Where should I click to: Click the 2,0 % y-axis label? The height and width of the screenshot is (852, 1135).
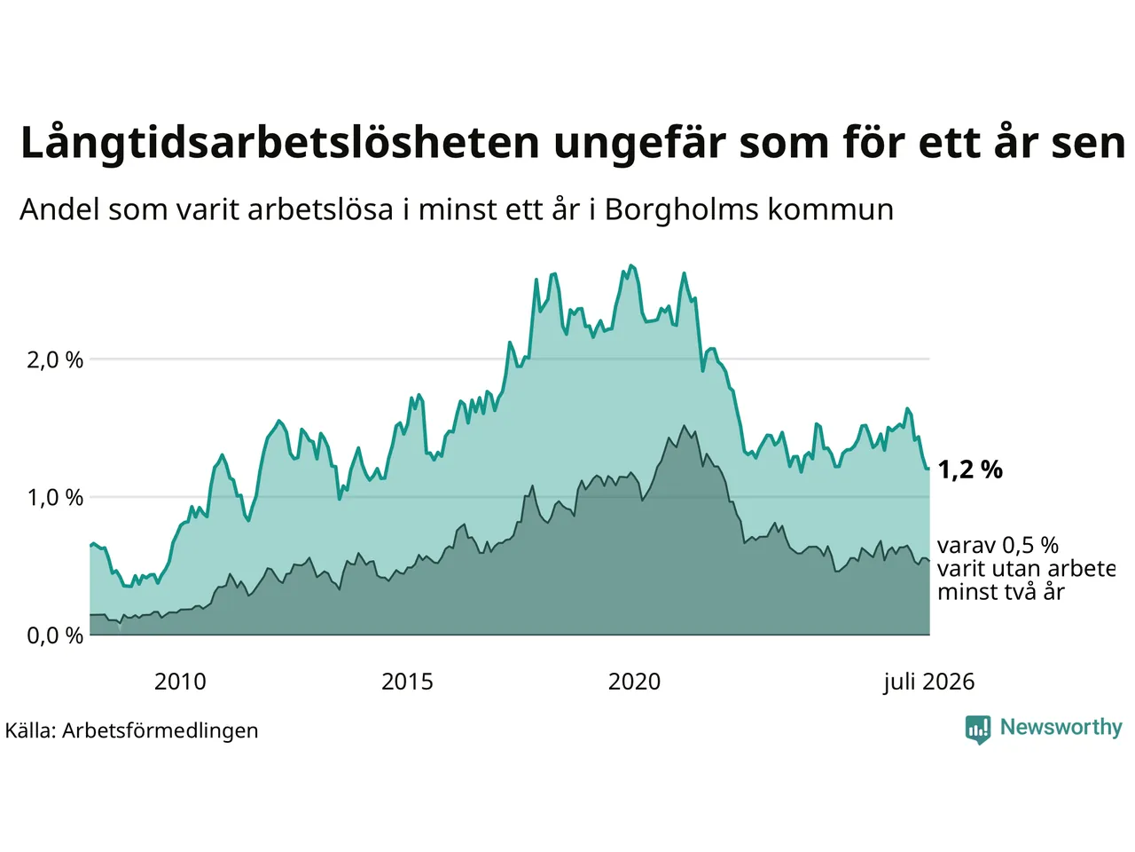click(x=55, y=360)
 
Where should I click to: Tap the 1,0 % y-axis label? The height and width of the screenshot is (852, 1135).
click(x=55, y=498)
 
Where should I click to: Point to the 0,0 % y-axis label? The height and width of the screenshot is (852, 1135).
click(x=55, y=635)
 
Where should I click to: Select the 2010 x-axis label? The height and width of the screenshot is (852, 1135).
click(x=180, y=682)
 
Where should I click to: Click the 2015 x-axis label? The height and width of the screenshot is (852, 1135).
click(x=407, y=682)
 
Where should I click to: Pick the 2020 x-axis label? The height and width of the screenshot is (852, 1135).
click(x=634, y=682)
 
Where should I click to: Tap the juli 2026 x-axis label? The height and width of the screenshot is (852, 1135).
click(x=928, y=682)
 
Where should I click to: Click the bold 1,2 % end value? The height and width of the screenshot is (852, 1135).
click(x=969, y=469)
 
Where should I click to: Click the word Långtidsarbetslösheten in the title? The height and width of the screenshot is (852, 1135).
click(x=279, y=143)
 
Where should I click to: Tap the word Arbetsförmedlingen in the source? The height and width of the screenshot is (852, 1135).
click(x=160, y=731)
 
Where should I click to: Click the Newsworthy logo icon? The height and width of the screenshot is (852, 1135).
click(x=978, y=730)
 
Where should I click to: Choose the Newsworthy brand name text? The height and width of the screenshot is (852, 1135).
click(x=1061, y=728)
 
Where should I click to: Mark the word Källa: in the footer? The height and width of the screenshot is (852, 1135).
click(x=30, y=730)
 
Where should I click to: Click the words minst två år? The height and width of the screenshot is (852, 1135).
click(x=1001, y=592)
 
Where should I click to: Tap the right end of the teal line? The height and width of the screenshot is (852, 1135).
click(x=929, y=469)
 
